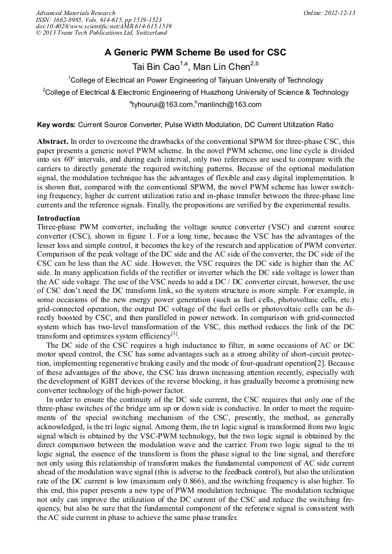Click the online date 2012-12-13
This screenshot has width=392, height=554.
tap(339, 13)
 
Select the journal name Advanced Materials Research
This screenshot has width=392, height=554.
tap(75, 13)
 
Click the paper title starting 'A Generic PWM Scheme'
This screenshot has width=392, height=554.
tap(195, 53)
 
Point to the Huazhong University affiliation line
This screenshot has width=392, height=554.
tap(197, 92)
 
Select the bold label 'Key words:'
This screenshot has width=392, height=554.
tap(56, 124)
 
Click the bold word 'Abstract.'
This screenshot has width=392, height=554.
tap(53, 141)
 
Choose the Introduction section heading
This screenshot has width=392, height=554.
tap(58, 218)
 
